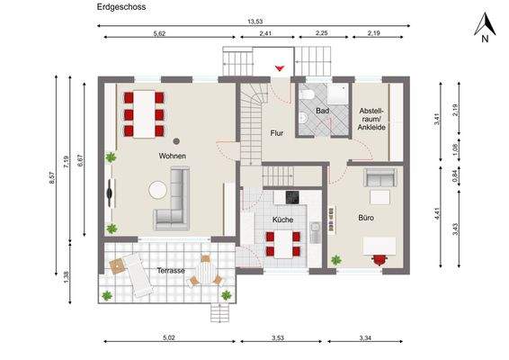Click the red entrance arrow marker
coord(280,67)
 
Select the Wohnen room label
coord(173,156)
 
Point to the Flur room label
coord(277,133)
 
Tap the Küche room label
coord(283,219)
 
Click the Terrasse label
coord(171,270)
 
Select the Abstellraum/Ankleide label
coord(371,117)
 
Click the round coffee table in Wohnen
coord(158,190)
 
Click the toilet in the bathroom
coord(307,95)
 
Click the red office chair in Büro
coord(380,259)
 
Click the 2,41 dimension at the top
coord(264,33)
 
